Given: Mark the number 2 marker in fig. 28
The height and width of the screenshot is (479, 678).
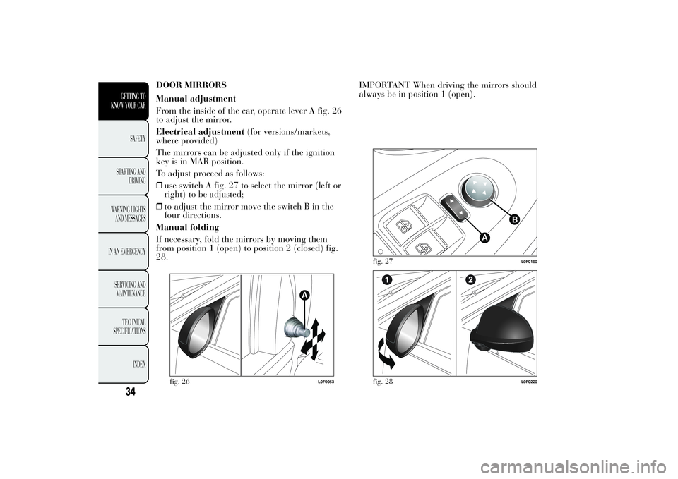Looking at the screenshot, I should click(470, 280).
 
